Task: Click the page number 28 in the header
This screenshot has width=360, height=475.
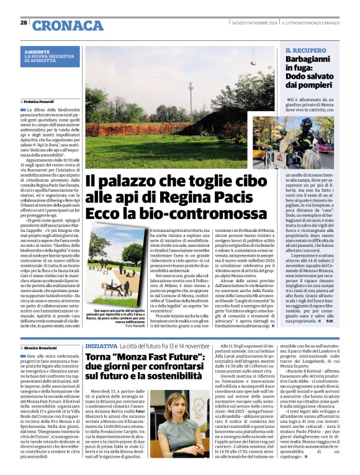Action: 24,23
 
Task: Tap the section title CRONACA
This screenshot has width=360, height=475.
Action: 68,25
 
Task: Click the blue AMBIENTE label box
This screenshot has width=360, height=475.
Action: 50,56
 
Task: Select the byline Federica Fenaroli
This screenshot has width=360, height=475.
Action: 39,100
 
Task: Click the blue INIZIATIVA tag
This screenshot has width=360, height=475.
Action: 100,345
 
